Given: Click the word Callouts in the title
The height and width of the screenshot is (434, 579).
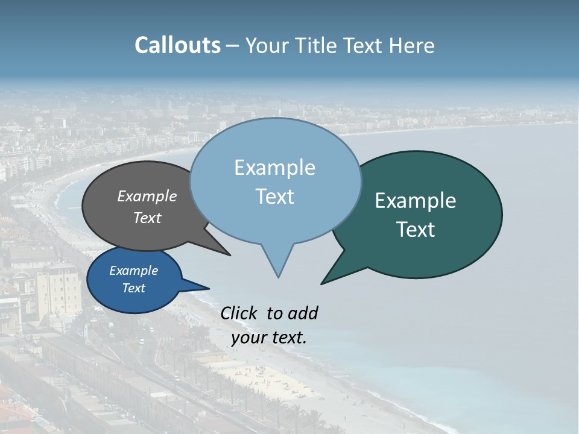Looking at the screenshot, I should [x=177, y=45].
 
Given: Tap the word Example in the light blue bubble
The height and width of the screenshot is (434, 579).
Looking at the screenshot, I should [x=274, y=168].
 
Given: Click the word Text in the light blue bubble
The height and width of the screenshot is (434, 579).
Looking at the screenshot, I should [x=274, y=197].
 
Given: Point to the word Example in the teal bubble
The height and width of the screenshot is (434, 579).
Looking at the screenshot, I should [x=416, y=201].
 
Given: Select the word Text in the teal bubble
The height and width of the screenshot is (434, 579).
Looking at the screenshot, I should [x=416, y=230].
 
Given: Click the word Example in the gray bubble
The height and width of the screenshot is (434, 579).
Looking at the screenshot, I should [x=147, y=197].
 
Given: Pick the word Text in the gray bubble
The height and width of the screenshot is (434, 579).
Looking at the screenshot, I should [x=147, y=218].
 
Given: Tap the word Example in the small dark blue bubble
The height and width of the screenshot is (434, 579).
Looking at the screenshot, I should [x=133, y=271].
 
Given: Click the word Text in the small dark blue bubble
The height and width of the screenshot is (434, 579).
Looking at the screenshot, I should [x=133, y=288].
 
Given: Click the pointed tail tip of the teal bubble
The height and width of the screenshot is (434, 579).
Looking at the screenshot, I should [x=321, y=283].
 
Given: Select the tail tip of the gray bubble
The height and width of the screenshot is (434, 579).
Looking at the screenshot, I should [x=230, y=255].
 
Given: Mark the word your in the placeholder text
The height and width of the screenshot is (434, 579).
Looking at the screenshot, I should [x=248, y=338].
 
